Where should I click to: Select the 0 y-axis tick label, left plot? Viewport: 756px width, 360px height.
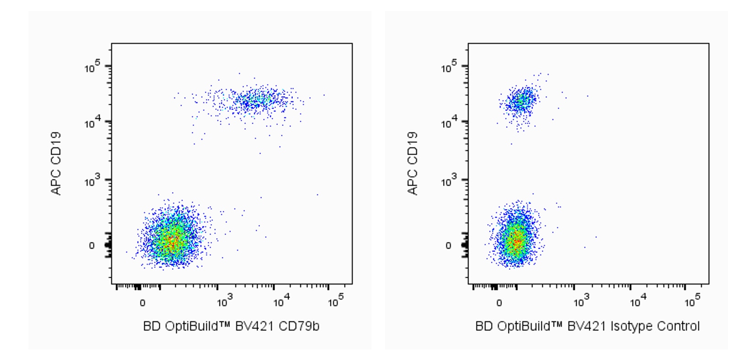[92, 246]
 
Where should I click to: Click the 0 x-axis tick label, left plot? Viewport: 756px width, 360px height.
[142, 303]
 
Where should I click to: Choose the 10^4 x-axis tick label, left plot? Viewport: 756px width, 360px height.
[281, 302]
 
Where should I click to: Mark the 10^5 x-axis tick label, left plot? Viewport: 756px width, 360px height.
[336, 302]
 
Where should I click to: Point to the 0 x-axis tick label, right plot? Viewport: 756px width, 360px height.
[499, 303]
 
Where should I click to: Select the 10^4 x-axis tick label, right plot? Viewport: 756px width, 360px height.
[638, 302]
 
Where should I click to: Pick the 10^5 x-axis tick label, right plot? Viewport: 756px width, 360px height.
[692, 302]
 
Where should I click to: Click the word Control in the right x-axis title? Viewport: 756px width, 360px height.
[678, 326]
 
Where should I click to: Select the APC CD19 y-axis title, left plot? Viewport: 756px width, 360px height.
[56, 163]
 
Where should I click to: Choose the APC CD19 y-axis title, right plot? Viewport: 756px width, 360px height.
[412, 163]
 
